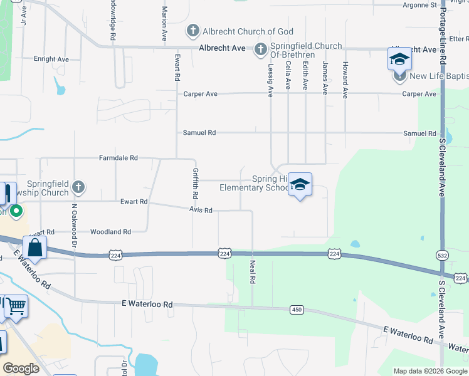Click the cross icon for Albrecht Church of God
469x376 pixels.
pyautogui.click(x=192, y=31)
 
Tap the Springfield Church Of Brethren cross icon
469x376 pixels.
pyautogui.click(x=261, y=50)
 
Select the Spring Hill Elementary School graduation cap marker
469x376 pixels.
pyautogui.click(x=300, y=184)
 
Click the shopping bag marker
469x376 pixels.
pyautogui.click(x=35, y=248)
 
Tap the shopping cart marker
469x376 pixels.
pyautogui.click(x=16, y=306)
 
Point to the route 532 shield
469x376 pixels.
pyautogui.click(x=441, y=255)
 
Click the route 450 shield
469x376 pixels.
pyautogui.click(x=297, y=310)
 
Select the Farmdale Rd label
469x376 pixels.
pyautogui.click(x=118, y=159)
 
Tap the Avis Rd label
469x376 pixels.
pyautogui.click(x=201, y=211)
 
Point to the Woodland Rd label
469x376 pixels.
pyautogui.click(x=110, y=232)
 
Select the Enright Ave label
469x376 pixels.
pyautogui.click(x=51, y=60)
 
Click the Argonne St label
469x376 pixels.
pyautogui.click(x=420, y=5)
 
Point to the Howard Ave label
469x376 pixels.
pyautogui.click(x=345, y=80)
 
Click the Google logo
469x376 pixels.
pyautogui.click(x=21, y=368)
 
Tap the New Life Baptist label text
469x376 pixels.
pyautogui.click(x=439, y=77)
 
